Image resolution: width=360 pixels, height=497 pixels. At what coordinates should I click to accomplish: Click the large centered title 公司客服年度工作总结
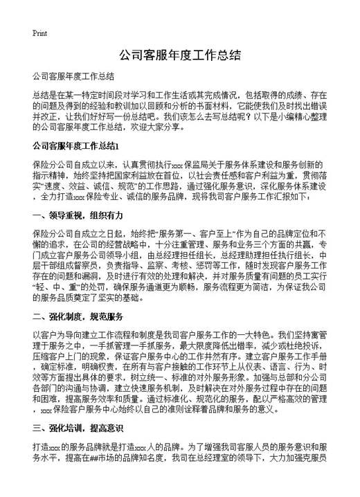click(x=179, y=55)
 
